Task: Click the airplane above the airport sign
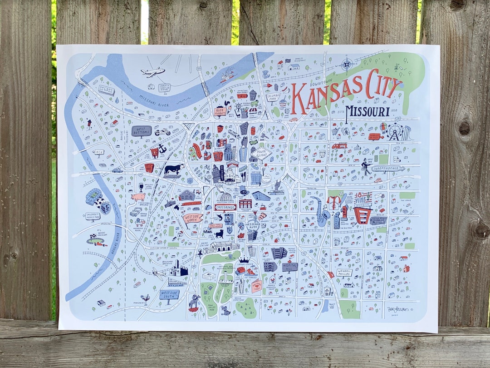[152, 72]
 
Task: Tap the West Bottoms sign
[141, 131]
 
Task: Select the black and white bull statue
[174, 169]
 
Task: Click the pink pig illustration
[138, 197]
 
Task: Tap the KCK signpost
[99, 153]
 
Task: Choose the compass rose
[348, 64]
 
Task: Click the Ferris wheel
[395, 132]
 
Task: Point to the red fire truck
[339, 146]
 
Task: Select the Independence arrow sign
[388, 169]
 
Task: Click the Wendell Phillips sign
[344, 273]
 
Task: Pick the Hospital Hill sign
[289, 267]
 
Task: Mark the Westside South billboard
[169, 294]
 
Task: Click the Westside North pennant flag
[192, 219]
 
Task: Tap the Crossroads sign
[225, 207]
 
